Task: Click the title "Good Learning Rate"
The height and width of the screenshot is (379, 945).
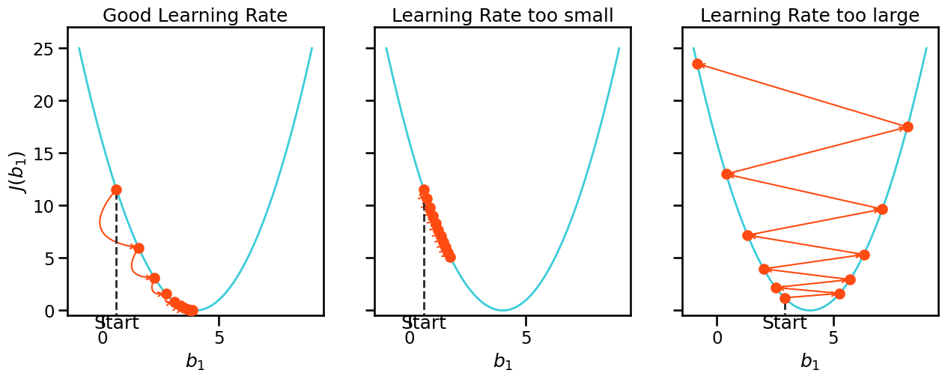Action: point(195,15)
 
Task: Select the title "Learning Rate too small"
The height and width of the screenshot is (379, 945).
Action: point(502,15)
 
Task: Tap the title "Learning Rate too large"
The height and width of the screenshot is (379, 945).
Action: point(809,15)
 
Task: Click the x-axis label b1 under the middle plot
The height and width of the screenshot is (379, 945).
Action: point(502,362)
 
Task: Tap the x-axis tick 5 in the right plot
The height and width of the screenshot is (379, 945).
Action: point(833,338)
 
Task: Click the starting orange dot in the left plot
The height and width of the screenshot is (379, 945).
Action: point(116,189)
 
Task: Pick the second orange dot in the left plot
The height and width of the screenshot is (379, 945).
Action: point(139,248)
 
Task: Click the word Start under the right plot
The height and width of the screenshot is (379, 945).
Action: point(785,324)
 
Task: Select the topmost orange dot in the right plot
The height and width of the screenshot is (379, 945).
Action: point(697,64)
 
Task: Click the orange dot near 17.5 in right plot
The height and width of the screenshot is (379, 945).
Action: point(908,127)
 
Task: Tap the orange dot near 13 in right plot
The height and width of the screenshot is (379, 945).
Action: point(726,174)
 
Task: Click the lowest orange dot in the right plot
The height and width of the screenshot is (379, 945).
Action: point(785,298)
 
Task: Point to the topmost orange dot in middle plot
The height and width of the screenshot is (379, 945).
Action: point(424,189)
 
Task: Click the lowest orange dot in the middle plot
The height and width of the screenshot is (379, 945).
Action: point(450,257)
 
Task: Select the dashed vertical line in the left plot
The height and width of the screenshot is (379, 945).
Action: point(116,255)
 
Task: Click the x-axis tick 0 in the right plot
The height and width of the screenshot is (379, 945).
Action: point(717,338)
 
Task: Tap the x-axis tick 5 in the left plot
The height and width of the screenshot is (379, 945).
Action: point(219,338)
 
